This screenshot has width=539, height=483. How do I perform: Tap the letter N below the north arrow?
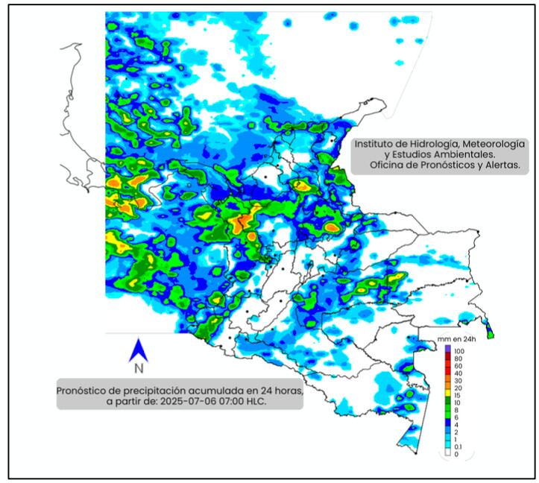tap(138, 367)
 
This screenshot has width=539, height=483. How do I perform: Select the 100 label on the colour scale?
tap(458, 350)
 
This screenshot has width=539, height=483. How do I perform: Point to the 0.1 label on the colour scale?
tap(459, 446)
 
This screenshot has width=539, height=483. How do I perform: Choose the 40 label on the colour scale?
tap(458, 373)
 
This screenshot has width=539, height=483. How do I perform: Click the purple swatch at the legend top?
tap(447, 349)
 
